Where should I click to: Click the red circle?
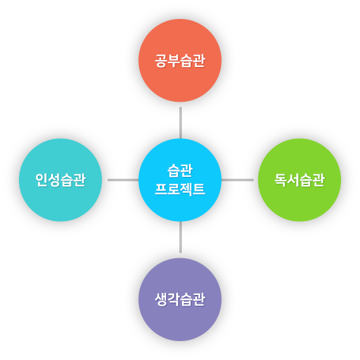pyautogui.click(x=180, y=61)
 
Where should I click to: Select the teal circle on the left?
pyautogui.click(x=61, y=180)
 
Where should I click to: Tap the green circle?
pyautogui.click(x=299, y=180)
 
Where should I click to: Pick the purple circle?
pyautogui.click(x=180, y=299)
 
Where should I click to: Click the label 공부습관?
pyautogui.click(x=180, y=61)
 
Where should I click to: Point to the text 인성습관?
pyautogui.click(x=61, y=180)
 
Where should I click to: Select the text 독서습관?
pyautogui.click(x=299, y=180)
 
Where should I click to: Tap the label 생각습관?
pyautogui.click(x=180, y=299)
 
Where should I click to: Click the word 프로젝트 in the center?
pyautogui.click(x=180, y=189)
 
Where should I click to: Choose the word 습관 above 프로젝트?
pyautogui.click(x=180, y=171)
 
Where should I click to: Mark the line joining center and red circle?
pyautogui.click(x=181, y=123)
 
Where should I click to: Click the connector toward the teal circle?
pyautogui.click(x=123, y=180)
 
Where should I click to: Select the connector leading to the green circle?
pyautogui.click(x=237, y=180)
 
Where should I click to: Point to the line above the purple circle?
pyautogui.click(x=181, y=237)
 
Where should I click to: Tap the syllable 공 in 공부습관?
pyautogui.click(x=161, y=61)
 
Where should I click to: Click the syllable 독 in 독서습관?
pyautogui.click(x=280, y=180)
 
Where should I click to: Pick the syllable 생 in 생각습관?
pyautogui.click(x=161, y=299)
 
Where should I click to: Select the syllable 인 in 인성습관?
pyautogui.click(x=42, y=180)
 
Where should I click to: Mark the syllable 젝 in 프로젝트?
pyautogui.click(x=186, y=189)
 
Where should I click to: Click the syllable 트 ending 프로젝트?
pyautogui.click(x=199, y=189)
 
